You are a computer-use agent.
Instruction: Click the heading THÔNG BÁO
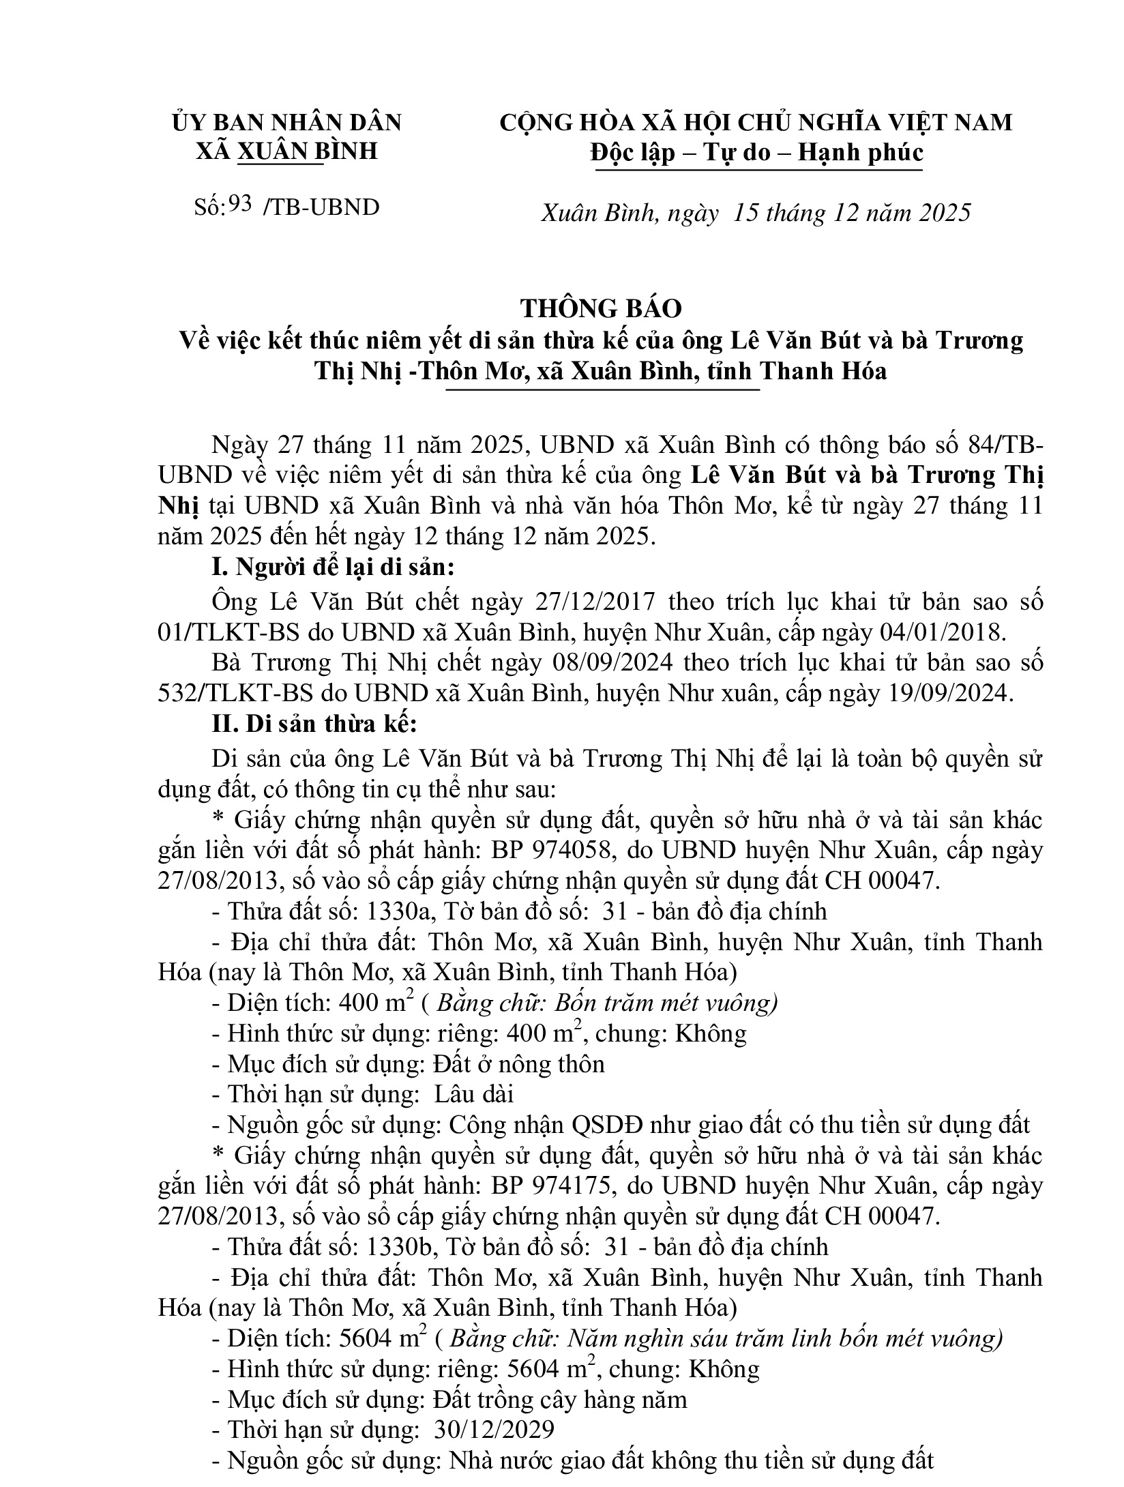602,309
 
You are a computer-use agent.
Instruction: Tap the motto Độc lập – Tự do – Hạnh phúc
758,152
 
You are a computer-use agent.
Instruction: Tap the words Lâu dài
473,1094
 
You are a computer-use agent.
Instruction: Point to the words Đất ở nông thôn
518,1064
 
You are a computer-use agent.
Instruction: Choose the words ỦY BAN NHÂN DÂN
287,123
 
